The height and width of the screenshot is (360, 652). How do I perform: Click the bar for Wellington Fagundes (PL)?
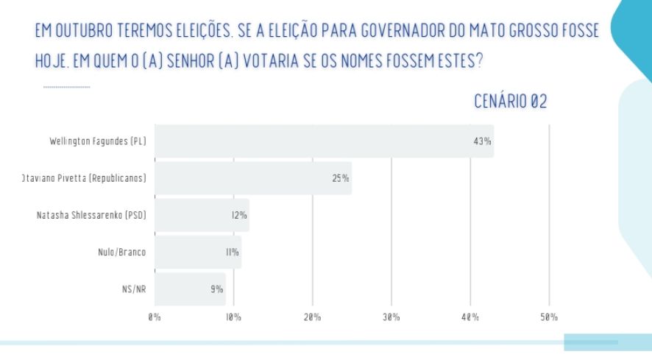click(x=324, y=141)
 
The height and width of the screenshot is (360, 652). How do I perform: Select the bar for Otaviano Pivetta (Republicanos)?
click(x=253, y=178)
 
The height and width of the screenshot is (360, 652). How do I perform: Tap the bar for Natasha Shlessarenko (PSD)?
click(x=202, y=215)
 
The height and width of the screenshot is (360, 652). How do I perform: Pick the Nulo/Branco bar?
click(x=198, y=252)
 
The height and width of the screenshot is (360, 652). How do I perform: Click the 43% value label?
click(x=482, y=141)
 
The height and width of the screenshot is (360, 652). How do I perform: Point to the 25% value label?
click(x=340, y=178)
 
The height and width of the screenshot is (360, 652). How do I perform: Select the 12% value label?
click(x=239, y=216)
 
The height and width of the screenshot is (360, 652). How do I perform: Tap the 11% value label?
click(x=232, y=253)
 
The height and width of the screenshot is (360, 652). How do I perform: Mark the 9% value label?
click(x=216, y=289)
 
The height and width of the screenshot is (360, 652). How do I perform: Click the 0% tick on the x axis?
click(x=155, y=317)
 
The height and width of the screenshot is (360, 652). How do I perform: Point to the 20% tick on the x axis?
click(x=312, y=317)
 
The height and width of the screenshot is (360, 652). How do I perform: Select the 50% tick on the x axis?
click(x=549, y=317)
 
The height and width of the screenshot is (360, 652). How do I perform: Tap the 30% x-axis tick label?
click(x=391, y=317)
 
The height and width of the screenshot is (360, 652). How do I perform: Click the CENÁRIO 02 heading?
click(x=510, y=102)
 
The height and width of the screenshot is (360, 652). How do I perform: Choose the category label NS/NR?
click(x=133, y=289)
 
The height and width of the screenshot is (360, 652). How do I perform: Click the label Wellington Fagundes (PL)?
click(x=97, y=141)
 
